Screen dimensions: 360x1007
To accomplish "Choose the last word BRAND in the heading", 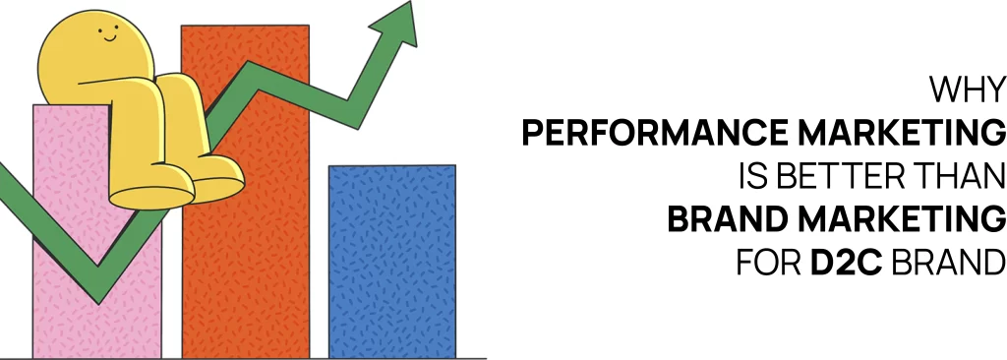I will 948,264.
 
